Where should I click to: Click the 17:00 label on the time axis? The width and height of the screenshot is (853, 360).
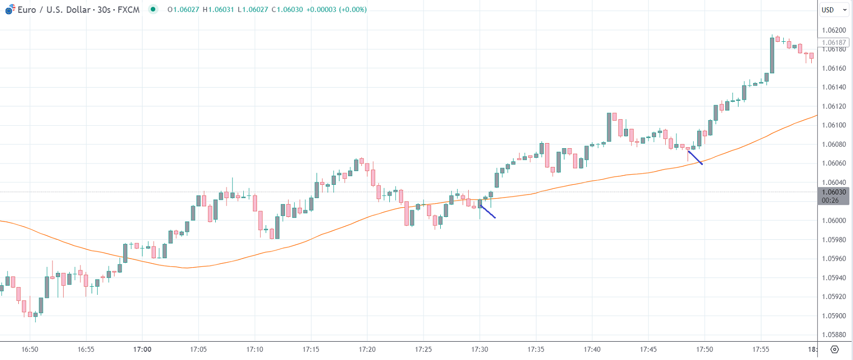pos(142,349)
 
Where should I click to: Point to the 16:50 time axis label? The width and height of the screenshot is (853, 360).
pos(30,349)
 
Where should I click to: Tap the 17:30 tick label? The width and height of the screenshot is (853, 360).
pos(479,349)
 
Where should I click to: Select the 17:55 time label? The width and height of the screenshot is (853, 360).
pos(760,349)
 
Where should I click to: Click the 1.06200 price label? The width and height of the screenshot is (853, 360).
pos(834,31)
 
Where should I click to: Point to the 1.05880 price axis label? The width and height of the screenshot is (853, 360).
pos(834,335)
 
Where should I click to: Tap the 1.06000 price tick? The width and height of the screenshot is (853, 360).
pos(834,220)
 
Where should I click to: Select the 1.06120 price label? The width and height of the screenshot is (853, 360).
pos(834,106)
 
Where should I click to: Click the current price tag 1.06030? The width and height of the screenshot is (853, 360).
pos(834,192)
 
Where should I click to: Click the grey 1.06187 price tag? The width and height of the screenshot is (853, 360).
pos(834,43)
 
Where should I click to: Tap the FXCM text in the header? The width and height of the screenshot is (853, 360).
pos(128,10)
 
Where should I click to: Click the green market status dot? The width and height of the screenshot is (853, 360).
pos(153,9)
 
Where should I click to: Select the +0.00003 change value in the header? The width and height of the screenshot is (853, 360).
pos(321,10)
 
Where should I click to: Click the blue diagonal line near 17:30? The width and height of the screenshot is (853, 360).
pos(488,212)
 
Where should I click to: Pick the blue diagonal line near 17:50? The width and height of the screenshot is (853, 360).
pos(695,157)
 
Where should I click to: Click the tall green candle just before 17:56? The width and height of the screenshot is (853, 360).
pos(772,55)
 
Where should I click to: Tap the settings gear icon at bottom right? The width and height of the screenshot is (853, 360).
pos(835,349)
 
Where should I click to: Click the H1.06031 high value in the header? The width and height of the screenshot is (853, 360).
pos(218,10)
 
